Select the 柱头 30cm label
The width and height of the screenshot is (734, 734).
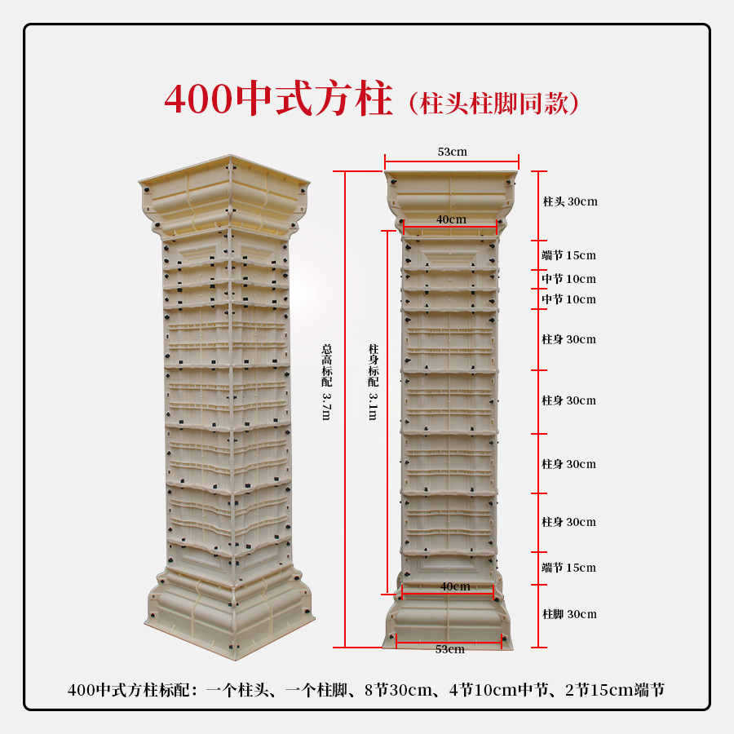click(x=570, y=201)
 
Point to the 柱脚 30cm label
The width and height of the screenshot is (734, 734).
click(x=569, y=614)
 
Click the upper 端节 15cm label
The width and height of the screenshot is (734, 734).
click(x=569, y=254)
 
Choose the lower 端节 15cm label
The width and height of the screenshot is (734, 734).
click(x=569, y=568)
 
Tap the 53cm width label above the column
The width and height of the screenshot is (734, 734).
click(x=452, y=152)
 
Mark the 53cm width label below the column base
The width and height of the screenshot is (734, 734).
click(x=449, y=649)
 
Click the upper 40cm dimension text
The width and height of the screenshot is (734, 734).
click(x=451, y=219)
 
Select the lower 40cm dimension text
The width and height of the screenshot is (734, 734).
click(x=455, y=586)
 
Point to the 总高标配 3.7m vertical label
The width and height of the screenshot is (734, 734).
click(x=326, y=382)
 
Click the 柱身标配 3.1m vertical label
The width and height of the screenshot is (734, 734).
click(x=373, y=382)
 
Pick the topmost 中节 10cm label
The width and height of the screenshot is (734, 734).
click(x=569, y=279)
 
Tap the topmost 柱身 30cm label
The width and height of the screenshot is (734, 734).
click(x=569, y=339)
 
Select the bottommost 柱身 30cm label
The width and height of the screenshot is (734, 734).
click(x=569, y=522)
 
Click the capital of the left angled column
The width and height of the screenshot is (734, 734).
click(x=225, y=196)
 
